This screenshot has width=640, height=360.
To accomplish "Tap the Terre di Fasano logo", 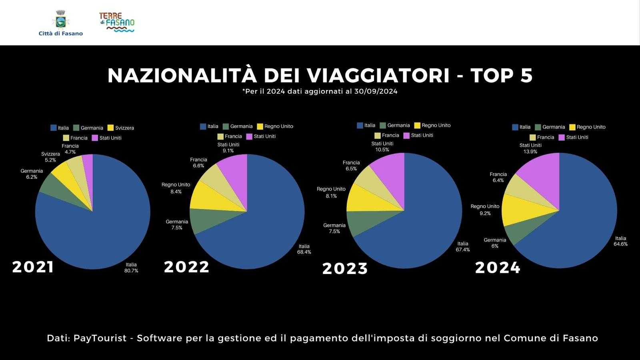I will tap(117, 22).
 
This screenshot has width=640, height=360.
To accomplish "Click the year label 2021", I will tap(33, 267).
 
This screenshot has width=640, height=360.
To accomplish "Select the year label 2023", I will tap(345, 269).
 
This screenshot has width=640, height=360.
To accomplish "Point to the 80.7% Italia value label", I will tap(131, 268).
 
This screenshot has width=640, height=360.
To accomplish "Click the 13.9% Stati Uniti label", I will tap(530, 148).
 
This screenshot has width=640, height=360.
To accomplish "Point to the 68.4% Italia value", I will tap(304, 249).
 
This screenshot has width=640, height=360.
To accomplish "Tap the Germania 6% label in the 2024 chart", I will tap(495, 243).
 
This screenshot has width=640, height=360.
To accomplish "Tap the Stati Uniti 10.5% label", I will tap(382, 146).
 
